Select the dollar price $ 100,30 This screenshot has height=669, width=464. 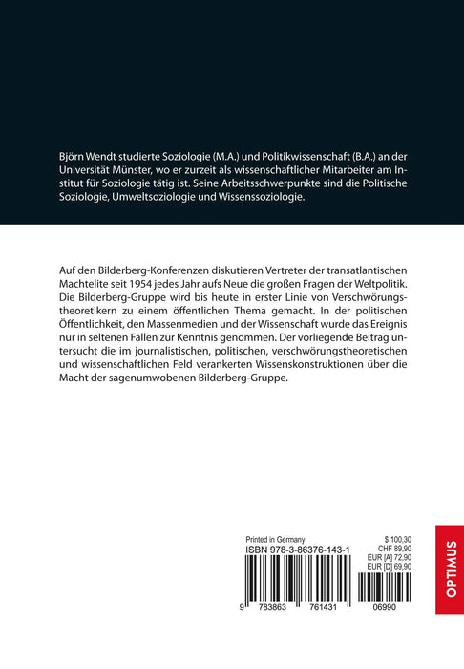[404, 538]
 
